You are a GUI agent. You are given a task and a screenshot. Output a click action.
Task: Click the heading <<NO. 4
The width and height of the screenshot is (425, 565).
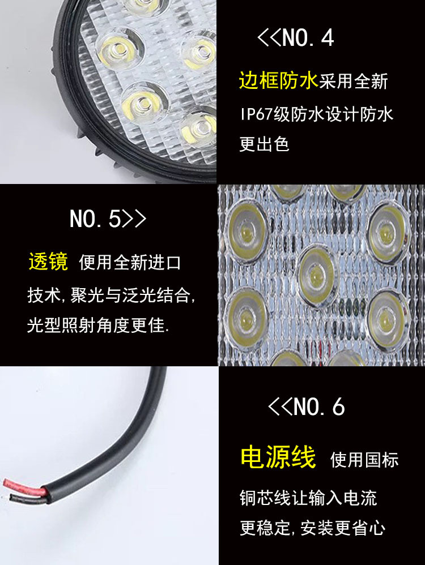[295, 38]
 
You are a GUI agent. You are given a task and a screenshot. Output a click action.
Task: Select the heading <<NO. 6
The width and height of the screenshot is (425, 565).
[306, 406]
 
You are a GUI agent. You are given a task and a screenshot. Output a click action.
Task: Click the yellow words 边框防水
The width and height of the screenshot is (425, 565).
[278, 82]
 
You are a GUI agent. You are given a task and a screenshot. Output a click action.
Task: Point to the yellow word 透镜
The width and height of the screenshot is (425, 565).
[48, 262]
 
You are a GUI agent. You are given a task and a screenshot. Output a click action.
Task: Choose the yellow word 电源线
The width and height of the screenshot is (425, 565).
[278, 457]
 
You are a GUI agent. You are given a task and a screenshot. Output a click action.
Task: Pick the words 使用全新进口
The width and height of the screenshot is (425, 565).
[130, 263]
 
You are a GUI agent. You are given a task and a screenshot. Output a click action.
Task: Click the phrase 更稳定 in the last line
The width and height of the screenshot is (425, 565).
[265, 529]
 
